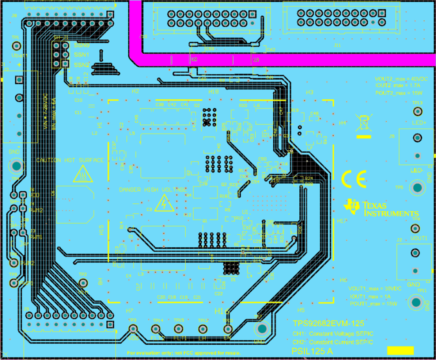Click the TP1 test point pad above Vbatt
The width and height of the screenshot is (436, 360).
(16, 46)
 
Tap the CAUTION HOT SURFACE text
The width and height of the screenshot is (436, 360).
(70, 160)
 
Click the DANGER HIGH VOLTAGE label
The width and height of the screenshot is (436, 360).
(153, 190)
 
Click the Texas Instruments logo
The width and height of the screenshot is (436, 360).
(381, 209)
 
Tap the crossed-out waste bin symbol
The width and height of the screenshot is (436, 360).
(364, 123)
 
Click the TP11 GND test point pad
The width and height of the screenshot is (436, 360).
(416, 302)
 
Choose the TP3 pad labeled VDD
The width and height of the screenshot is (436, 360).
(133, 328)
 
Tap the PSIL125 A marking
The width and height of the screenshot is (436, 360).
(312, 351)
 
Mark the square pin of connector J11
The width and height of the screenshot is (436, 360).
(382, 14)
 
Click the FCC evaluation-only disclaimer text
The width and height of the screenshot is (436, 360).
(184, 353)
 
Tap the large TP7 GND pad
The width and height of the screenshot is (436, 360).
(262, 329)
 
